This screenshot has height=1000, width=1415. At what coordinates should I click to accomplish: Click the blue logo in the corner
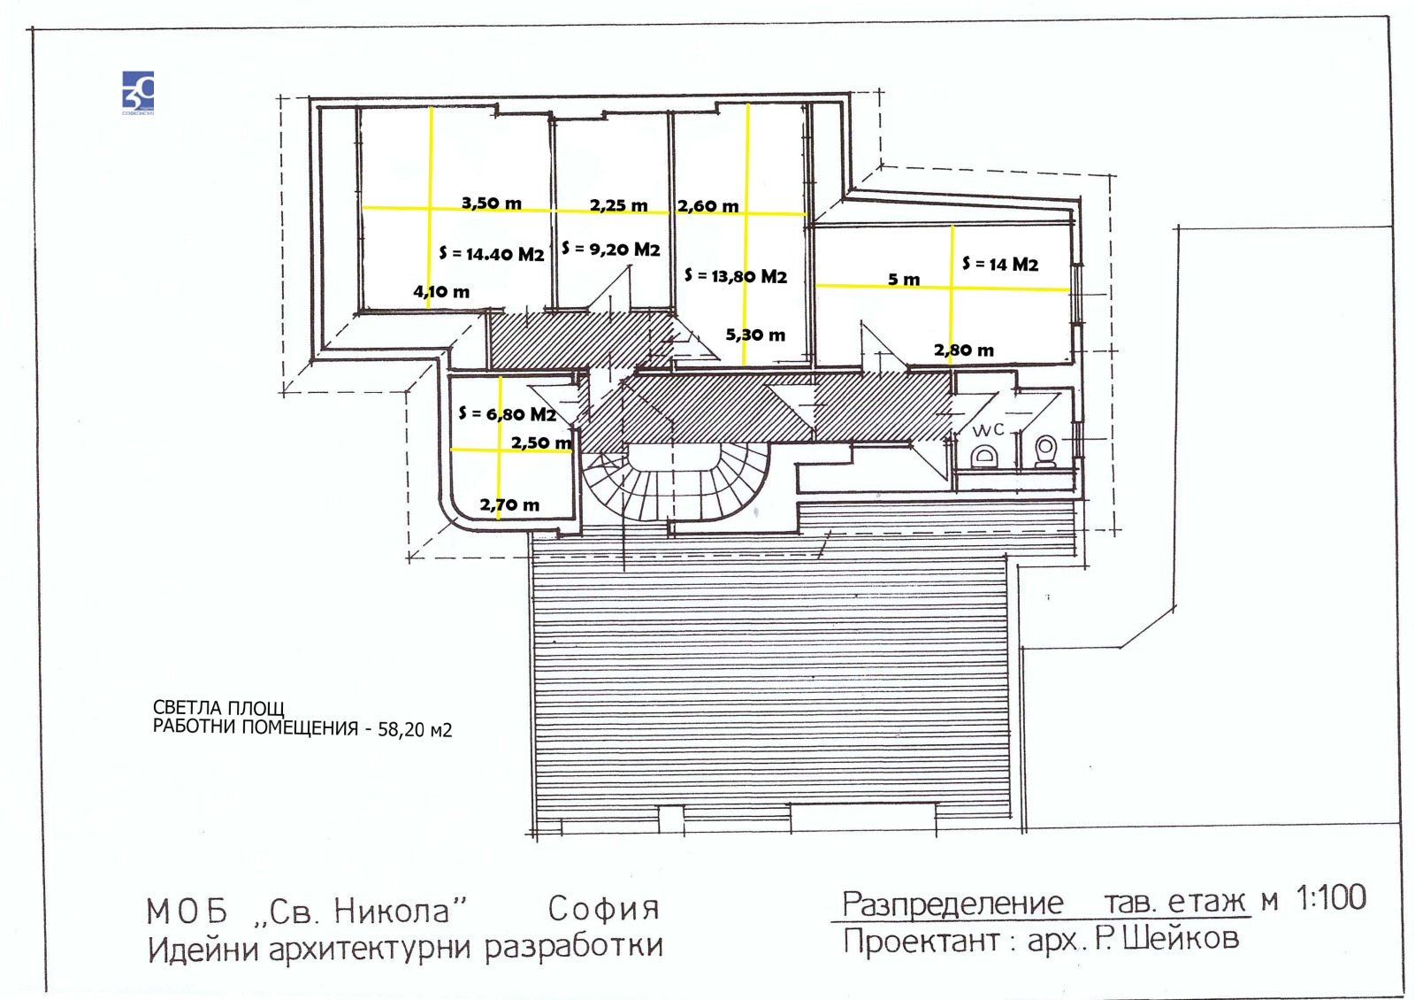(x=138, y=93)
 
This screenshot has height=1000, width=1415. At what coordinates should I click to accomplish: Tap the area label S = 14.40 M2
(x=492, y=254)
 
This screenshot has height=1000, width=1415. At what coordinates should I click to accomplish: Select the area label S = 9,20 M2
(x=611, y=249)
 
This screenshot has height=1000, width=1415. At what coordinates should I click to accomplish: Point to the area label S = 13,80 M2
(x=736, y=275)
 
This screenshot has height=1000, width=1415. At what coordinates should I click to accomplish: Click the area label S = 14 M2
(x=1000, y=265)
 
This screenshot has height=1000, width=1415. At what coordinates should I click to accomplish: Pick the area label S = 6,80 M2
(x=508, y=414)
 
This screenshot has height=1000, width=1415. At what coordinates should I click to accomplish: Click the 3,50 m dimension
(x=492, y=203)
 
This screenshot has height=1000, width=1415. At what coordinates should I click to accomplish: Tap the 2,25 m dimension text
(x=618, y=205)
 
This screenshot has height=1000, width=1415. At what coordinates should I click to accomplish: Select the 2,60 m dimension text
(x=708, y=206)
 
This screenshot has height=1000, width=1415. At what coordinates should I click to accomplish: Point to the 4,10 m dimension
(x=441, y=291)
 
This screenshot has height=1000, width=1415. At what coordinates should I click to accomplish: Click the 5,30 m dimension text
(x=755, y=335)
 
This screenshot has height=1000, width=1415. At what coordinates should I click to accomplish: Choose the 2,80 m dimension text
(x=963, y=350)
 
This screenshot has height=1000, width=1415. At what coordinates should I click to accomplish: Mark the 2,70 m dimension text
(x=509, y=504)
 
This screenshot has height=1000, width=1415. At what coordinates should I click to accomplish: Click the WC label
(x=988, y=430)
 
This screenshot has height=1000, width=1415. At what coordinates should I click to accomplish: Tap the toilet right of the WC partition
(x=1046, y=450)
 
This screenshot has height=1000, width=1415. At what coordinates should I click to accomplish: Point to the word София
(x=603, y=909)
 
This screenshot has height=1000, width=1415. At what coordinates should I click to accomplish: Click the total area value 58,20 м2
(x=415, y=730)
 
